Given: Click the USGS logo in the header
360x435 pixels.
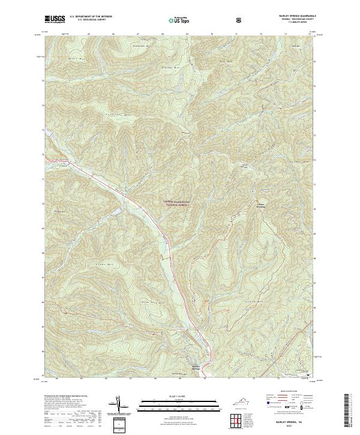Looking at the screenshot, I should (55, 19).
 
